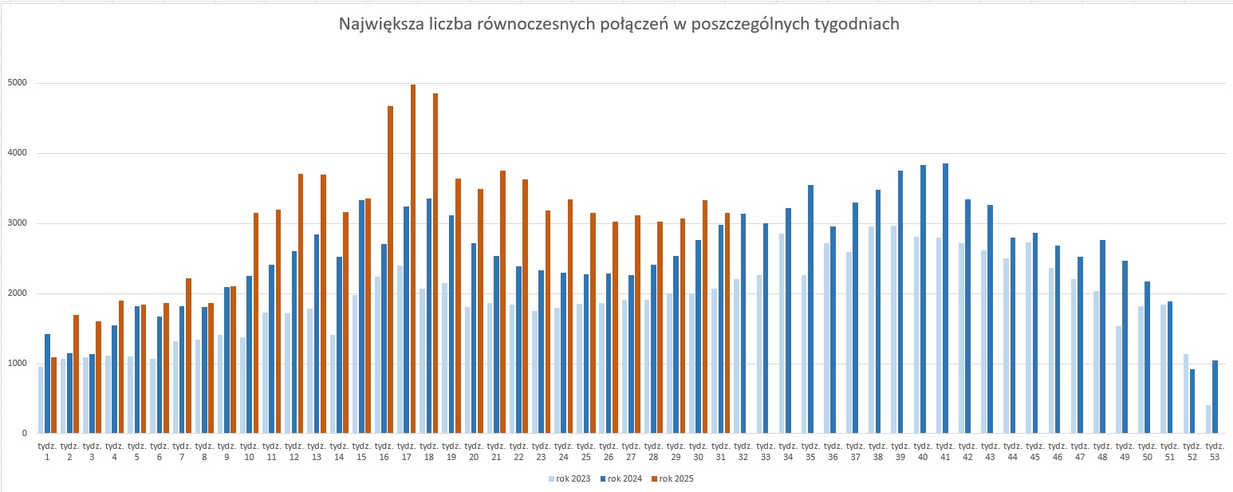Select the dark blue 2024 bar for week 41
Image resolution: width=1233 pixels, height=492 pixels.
point(946,299)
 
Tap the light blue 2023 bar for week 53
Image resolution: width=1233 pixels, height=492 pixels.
point(1208,419)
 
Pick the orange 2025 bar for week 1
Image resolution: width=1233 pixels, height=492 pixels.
point(54,396)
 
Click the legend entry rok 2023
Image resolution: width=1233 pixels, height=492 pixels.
point(569,478)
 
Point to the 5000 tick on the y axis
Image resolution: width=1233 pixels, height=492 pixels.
point(18,83)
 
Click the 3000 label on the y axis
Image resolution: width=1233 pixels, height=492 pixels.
point(18,223)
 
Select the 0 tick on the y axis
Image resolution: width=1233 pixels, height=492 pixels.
point(24,434)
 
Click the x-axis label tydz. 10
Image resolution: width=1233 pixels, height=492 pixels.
point(249,451)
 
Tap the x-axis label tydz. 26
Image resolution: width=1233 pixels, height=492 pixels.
point(609,451)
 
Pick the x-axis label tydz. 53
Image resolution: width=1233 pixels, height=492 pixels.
point(1215,451)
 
